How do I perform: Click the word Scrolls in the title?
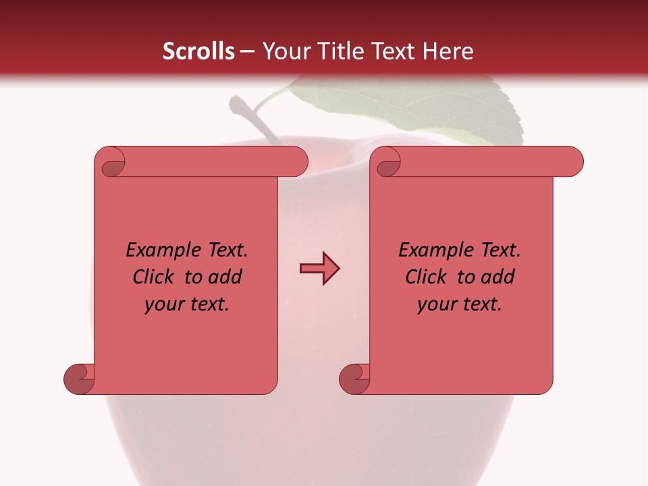199,51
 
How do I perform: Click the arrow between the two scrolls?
319,269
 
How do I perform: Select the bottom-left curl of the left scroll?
78,379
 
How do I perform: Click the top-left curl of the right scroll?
387,163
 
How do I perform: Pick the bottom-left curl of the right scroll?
354,379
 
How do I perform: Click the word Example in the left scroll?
155,250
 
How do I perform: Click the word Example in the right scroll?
428,250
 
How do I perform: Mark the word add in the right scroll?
498,277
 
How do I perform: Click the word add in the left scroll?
225,277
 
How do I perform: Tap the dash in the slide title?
247,52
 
